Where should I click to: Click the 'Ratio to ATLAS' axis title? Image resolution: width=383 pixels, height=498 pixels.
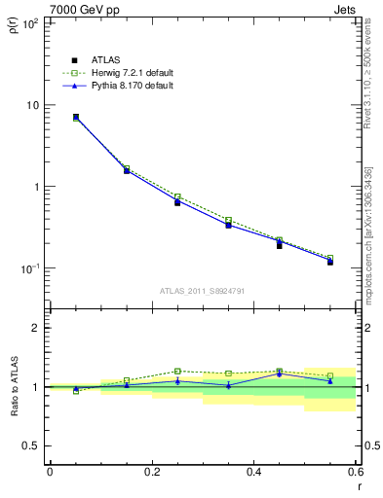point(14,388)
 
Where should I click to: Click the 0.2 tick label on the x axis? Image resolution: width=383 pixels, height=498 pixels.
point(151,471)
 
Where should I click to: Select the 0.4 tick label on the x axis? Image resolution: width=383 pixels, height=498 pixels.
point(253,471)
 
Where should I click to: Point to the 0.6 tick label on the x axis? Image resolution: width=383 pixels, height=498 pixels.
point(355,471)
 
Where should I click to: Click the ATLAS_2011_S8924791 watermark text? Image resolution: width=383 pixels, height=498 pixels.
point(202,291)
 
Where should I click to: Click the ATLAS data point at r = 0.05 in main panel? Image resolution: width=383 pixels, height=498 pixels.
point(76,117)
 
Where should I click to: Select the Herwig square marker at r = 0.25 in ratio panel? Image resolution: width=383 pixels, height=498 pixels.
point(177,371)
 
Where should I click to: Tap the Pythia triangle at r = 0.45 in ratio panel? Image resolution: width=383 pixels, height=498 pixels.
point(279,373)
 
